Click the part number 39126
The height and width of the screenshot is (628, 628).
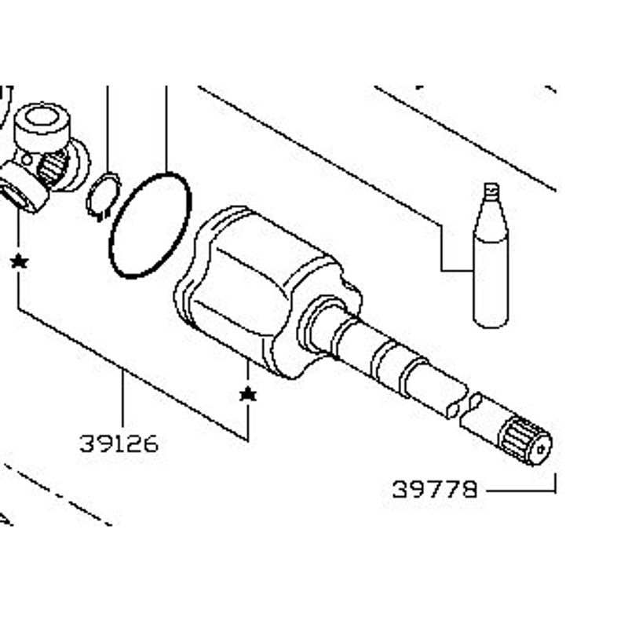tap(119, 444)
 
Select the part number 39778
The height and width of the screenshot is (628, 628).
tap(435, 489)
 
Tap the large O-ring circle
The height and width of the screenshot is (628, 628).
tap(150, 225)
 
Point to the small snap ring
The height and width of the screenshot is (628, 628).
tap(104, 196)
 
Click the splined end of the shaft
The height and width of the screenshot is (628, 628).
tap(525, 441)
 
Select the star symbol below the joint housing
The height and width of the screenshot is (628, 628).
tap(248, 394)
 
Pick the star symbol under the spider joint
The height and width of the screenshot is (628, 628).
tap(19, 262)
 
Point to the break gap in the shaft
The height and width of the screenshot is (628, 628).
tap(464, 404)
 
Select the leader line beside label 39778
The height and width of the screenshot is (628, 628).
tap(521, 489)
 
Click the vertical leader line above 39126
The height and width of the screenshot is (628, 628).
tap(122, 399)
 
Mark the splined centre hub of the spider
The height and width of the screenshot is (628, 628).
tap(52, 167)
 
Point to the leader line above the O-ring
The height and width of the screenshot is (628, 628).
tap(166, 129)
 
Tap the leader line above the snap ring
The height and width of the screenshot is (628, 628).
tap(108, 129)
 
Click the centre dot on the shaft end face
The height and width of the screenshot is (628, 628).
tap(541, 449)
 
